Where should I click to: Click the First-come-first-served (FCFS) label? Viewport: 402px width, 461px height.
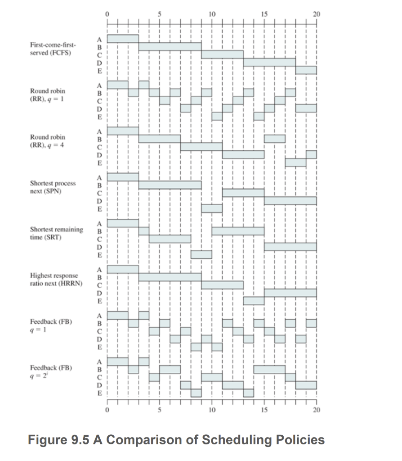click(53, 49)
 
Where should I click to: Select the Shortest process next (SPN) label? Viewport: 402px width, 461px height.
click(53, 187)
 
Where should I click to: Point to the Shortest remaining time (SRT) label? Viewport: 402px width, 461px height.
click(56, 233)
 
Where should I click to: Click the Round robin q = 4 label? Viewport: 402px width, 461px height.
click(48, 141)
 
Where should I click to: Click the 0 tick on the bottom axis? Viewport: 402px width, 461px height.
click(107, 410)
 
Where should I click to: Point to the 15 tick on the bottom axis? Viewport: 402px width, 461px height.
click(264, 410)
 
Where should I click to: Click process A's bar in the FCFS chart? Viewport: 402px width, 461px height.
click(123, 39)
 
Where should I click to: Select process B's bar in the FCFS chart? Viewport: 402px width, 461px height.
click(170, 46)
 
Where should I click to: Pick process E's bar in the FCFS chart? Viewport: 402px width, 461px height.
click(306, 70)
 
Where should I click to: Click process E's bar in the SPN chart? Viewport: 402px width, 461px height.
click(212, 208)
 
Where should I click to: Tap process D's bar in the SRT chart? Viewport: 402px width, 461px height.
click(290, 247)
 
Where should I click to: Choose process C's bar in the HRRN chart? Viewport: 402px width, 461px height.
click(222, 285)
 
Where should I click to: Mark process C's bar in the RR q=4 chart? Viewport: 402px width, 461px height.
click(201, 146)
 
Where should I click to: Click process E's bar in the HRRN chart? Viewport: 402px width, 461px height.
click(254, 300)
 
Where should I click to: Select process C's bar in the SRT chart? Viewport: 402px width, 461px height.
click(170, 239)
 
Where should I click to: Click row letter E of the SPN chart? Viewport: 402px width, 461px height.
click(100, 209)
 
